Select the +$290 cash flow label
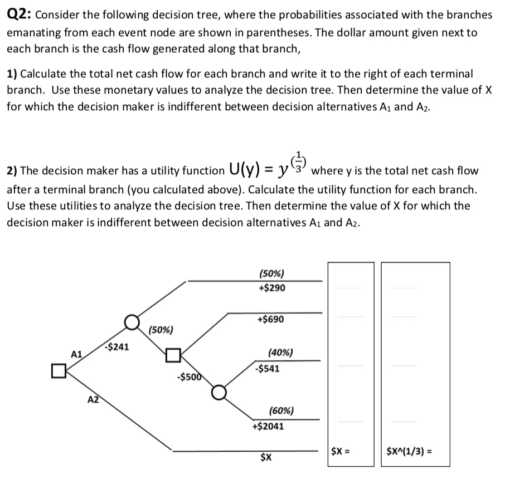click(x=272, y=287)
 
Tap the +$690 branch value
click(x=271, y=320)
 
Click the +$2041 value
click(x=268, y=427)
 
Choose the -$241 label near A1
click(x=117, y=346)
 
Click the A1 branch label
click(x=77, y=354)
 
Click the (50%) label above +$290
click(x=271, y=273)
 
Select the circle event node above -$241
click(x=132, y=321)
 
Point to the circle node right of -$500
click(x=218, y=392)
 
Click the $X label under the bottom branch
click(x=266, y=458)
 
